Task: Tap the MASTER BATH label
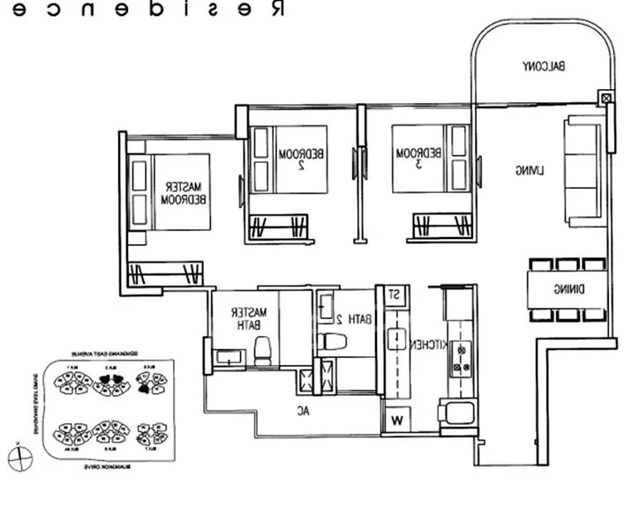coord(243,318)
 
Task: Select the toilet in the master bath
coord(262,353)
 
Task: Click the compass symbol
coord(19,458)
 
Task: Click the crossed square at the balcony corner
coord(605,98)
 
